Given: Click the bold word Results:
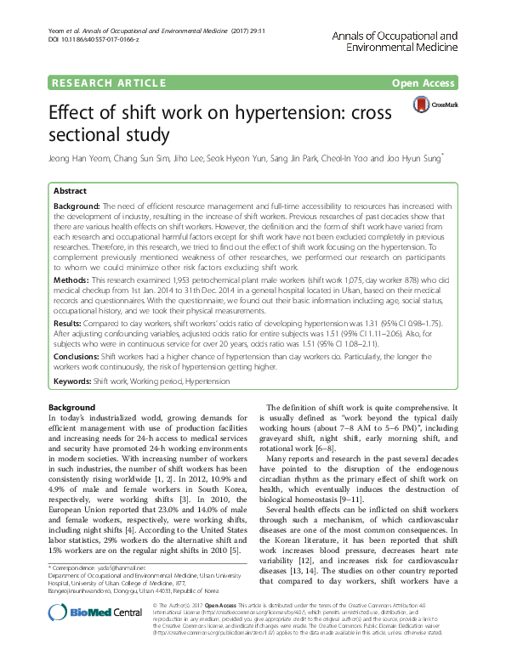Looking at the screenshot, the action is click(x=71, y=324).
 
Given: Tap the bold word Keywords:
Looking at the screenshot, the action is click(x=73, y=383).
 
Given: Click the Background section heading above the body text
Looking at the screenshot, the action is click(x=71, y=408).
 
